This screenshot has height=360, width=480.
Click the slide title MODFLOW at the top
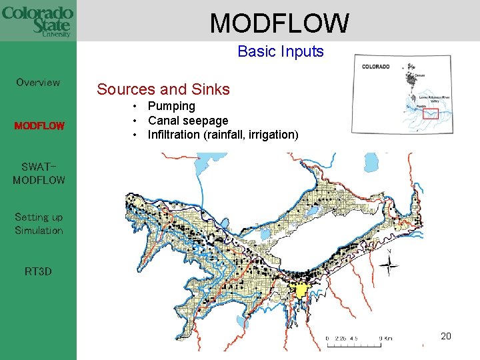279,23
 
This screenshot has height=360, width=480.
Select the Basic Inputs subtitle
280,51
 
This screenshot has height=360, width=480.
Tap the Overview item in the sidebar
38,83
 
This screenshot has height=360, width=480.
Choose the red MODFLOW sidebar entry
39,125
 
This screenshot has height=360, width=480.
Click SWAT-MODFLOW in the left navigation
39,173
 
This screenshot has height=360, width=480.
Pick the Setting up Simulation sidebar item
39,224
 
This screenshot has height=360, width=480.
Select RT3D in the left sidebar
38,271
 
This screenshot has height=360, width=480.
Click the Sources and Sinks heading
163,89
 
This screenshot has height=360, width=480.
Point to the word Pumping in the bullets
171,106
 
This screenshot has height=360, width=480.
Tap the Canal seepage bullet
188,121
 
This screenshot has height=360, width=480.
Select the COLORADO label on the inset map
377,67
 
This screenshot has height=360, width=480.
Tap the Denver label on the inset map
419,76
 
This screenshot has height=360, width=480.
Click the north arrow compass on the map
389,265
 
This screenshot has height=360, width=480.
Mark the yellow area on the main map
301,291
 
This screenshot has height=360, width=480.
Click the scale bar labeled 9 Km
359,338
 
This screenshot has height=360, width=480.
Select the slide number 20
446,336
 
